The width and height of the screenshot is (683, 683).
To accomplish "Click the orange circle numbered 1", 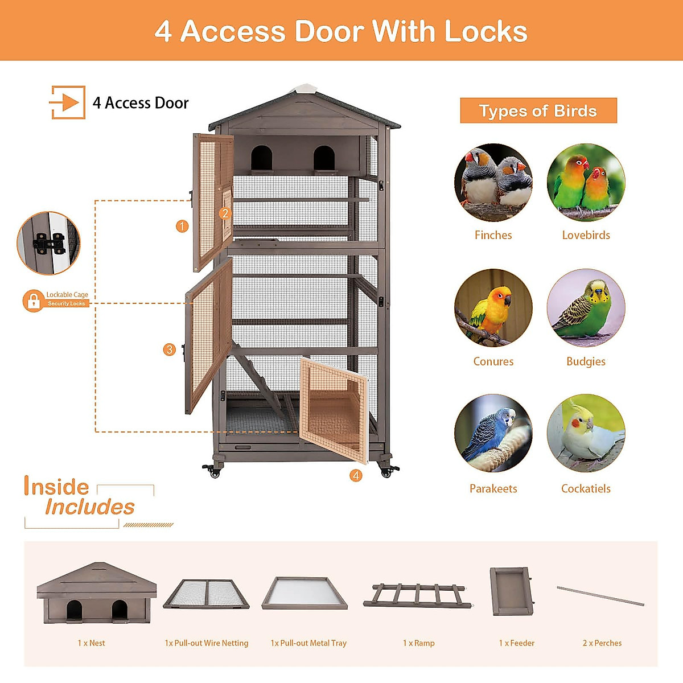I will (182, 226).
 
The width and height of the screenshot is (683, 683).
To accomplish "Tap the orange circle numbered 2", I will (225, 213).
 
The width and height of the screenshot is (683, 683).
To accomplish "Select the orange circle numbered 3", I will (169, 349).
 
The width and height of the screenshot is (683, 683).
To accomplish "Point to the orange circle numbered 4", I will (356, 475).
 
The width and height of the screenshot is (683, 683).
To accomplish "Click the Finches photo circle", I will (493, 183).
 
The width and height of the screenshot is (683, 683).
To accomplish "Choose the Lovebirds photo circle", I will (586, 183).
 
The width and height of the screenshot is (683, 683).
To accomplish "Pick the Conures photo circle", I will (493, 308).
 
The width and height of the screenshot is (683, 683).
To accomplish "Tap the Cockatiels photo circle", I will (586, 433).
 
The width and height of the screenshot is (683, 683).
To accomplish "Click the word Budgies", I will (586, 361).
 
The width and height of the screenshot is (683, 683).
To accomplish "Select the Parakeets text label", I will (493, 488).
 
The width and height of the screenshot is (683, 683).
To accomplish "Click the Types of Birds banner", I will (538, 111).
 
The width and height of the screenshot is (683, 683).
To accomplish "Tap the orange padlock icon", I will (33, 301).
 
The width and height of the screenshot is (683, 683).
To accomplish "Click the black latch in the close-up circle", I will (48, 244).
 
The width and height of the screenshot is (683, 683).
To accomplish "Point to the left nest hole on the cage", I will (261, 157).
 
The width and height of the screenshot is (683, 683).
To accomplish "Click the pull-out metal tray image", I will (305, 593).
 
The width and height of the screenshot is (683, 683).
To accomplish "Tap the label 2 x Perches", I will (602, 643).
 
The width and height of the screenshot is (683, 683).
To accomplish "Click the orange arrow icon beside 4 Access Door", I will (68, 102).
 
